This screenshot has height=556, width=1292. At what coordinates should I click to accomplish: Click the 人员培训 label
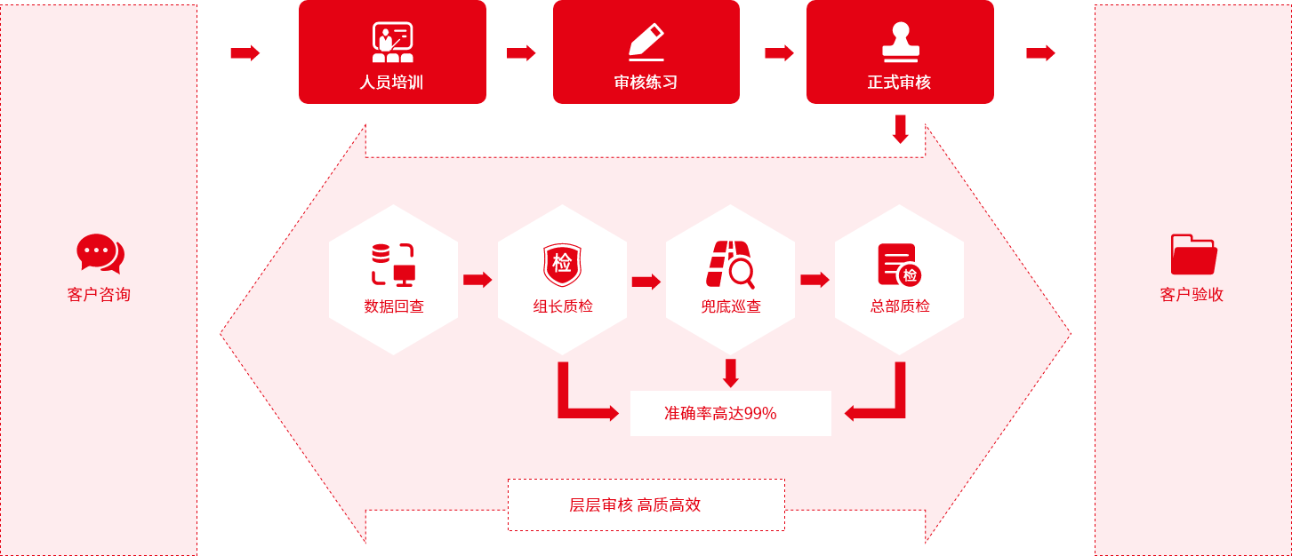(391, 83)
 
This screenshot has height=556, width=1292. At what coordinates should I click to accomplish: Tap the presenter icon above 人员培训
(392, 42)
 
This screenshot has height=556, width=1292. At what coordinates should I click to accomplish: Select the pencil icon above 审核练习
(646, 42)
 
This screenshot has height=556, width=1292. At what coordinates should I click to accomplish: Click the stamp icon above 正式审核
(900, 42)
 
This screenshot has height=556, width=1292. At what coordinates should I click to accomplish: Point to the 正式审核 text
(899, 83)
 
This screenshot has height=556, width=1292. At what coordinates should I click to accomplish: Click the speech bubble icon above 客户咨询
(100, 254)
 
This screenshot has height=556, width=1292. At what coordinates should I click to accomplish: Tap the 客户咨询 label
(99, 295)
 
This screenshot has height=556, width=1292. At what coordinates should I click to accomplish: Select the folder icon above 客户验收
(1193, 254)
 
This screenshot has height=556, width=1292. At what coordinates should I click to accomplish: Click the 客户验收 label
(1192, 295)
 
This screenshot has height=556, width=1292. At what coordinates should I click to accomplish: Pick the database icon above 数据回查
(393, 265)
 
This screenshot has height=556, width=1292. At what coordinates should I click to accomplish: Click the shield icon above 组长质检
(562, 265)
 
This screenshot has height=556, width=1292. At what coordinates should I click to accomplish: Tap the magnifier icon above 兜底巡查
(730, 265)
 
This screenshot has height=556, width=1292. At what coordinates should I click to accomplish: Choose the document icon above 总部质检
(899, 265)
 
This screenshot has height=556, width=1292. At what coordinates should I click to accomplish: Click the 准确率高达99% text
(720, 413)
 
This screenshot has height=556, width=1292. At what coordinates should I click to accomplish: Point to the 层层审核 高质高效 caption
(635, 505)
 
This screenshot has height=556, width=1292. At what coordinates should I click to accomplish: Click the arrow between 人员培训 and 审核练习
(521, 53)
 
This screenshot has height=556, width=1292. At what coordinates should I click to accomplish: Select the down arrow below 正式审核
(900, 129)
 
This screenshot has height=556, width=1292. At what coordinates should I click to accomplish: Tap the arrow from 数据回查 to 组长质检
(477, 280)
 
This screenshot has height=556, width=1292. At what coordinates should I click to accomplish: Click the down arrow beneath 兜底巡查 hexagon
(731, 373)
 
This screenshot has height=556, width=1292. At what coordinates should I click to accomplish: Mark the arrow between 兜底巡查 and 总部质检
(815, 280)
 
